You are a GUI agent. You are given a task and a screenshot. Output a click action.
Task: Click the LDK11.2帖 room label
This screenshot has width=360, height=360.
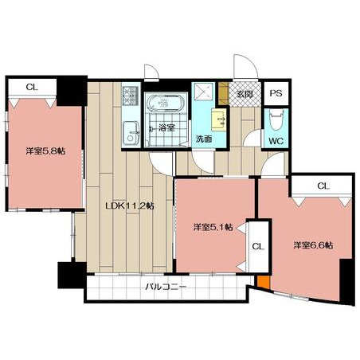tap(130, 205)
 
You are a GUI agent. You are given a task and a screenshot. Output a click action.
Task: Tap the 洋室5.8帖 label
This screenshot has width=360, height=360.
tap(45, 151)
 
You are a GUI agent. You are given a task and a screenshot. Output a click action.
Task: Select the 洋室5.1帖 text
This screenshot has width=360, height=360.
tap(213, 227)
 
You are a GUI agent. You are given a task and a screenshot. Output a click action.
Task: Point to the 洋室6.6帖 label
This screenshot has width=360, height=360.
tap(313, 245)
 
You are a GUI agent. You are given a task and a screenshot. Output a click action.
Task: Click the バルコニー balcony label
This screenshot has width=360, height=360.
tap(166, 287)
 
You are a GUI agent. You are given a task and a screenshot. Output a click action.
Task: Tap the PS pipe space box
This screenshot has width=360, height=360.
tap(276, 93)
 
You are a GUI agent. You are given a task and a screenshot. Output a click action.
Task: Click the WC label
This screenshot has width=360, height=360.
tap(276, 141)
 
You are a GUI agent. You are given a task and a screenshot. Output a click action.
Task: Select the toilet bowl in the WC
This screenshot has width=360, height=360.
tap(276, 119)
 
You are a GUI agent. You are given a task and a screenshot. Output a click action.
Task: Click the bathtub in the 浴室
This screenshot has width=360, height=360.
tap(166, 103)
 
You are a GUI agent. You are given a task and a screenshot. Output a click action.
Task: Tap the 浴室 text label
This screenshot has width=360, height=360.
tap(166, 127)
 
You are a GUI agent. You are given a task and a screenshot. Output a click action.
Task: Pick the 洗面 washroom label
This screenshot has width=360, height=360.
tap(204, 139)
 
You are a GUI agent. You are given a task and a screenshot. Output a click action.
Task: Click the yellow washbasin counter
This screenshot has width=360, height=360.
tap(219, 119)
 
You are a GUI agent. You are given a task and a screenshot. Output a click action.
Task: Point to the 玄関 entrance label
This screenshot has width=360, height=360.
tap(245, 94)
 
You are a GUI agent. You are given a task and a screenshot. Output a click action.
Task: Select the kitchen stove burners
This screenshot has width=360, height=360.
tap(131, 96)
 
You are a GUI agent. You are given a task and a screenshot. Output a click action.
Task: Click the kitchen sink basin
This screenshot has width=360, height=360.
tap(131, 134)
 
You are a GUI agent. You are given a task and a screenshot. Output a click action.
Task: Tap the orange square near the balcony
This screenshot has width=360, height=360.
tap(264, 281)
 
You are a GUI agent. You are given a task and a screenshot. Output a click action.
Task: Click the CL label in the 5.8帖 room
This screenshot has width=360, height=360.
tap(32, 87)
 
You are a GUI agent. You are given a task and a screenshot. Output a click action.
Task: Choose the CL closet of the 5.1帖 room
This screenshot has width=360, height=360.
tap(258, 246)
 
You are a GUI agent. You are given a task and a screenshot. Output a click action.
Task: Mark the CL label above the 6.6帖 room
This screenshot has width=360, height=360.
tap(323, 186)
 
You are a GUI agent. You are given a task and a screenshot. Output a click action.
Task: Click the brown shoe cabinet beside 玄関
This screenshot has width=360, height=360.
tap(223, 93)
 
